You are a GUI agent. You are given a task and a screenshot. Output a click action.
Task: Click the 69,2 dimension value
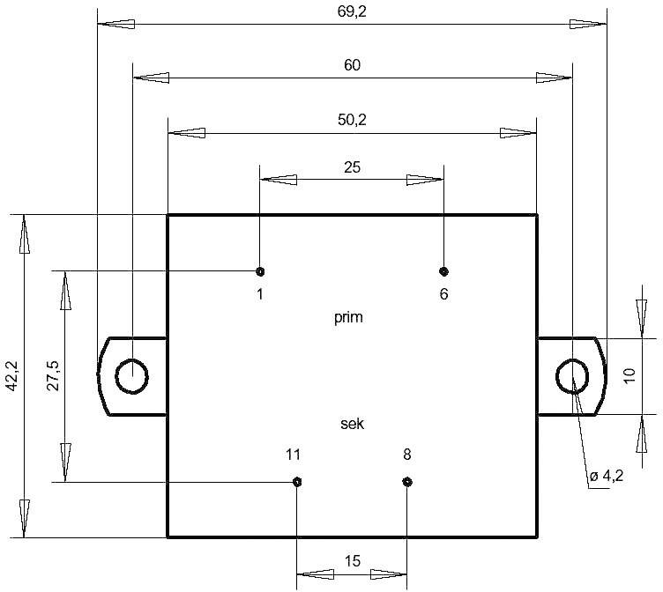[352, 11]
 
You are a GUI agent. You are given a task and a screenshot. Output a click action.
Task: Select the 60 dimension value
[352, 65]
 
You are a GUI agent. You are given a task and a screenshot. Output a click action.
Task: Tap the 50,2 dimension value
[352, 120]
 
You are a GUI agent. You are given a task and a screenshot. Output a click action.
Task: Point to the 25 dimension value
[352, 166]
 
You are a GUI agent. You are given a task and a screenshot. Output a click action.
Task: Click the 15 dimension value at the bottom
[352, 560]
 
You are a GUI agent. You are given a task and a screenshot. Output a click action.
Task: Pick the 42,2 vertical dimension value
[11, 375]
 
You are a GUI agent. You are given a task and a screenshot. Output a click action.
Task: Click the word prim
[349, 318]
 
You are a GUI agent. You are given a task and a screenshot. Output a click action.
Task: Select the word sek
[352, 424]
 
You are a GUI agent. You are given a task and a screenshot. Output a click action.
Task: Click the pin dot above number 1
[260, 270]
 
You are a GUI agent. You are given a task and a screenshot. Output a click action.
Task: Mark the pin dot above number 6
[443, 270]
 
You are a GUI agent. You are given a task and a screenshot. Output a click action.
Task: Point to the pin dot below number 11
[297, 481]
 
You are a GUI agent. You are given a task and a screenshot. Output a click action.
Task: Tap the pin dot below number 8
[406, 481]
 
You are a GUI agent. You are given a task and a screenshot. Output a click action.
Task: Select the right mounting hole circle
[572, 376]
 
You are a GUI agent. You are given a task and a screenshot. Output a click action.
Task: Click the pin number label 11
[294, 455]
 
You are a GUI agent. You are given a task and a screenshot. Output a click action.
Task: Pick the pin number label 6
[443, 294]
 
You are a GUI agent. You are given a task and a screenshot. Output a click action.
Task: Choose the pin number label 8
[406, 455]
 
